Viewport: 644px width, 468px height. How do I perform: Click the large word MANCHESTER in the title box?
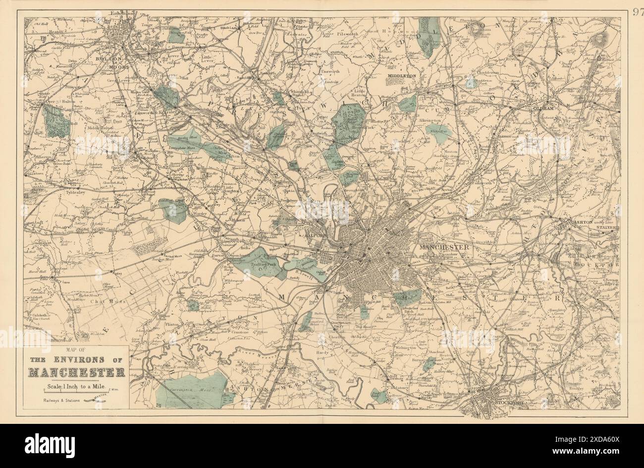pos(76,372)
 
